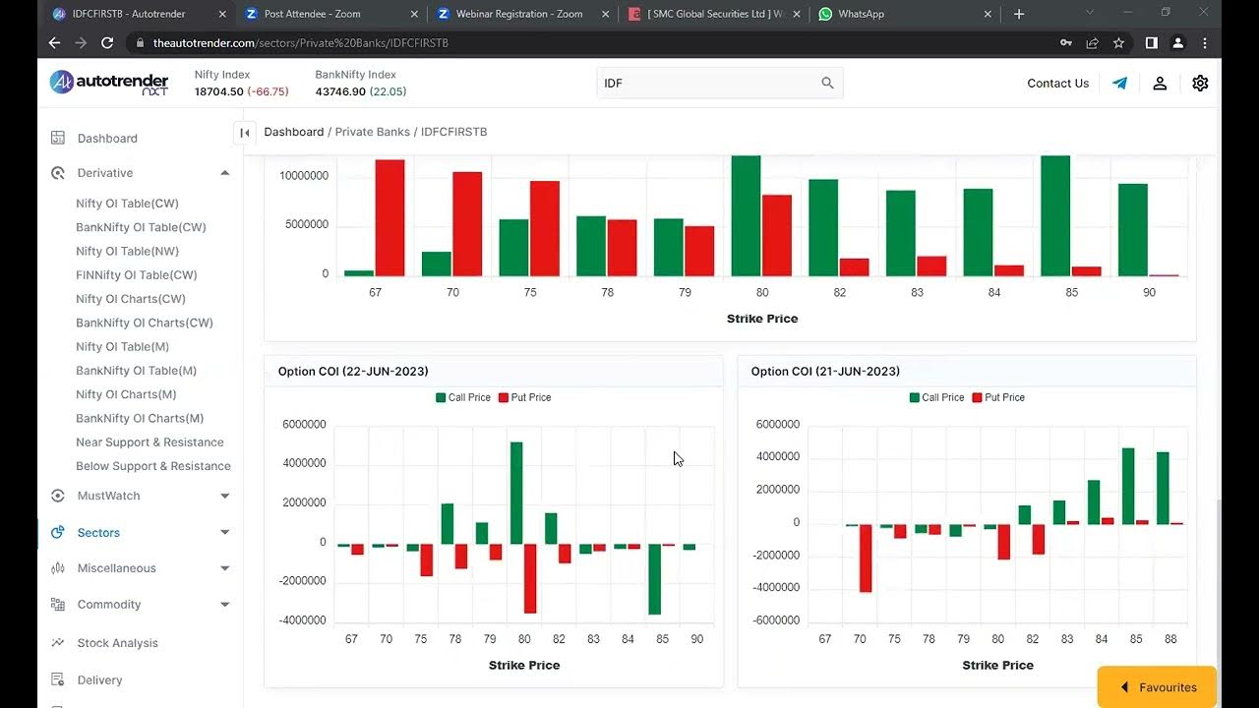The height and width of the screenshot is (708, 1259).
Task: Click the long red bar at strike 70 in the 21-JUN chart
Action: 866,558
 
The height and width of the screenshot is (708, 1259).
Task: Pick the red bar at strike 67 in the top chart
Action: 390,216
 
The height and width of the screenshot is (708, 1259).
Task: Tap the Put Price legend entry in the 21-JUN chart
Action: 998,397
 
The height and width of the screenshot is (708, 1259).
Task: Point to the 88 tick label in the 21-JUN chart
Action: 1169,639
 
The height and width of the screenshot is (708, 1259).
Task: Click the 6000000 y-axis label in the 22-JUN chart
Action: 304,425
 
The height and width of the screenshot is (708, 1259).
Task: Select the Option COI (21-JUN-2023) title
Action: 825,371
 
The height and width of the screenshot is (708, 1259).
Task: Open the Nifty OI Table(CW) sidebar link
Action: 127,204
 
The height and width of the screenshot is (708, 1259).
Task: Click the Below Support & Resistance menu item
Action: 153,466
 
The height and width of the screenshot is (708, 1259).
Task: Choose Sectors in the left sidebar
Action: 98,532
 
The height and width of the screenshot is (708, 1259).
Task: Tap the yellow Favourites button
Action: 1158,687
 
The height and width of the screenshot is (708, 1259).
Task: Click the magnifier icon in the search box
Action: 827,84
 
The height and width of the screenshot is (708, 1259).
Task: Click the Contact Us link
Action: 1057,84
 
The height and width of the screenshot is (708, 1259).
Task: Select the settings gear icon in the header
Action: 1200,84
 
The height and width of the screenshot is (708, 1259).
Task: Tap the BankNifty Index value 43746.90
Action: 340,91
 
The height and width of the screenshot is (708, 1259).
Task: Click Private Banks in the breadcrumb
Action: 374,132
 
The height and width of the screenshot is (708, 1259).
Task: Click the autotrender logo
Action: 109,84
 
